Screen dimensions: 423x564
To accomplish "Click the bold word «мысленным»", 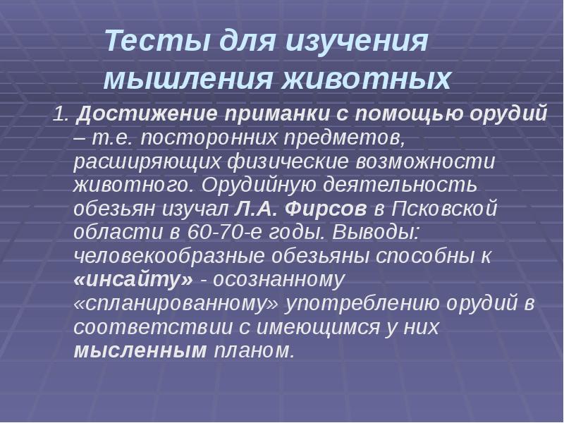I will (x=140, y=351).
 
